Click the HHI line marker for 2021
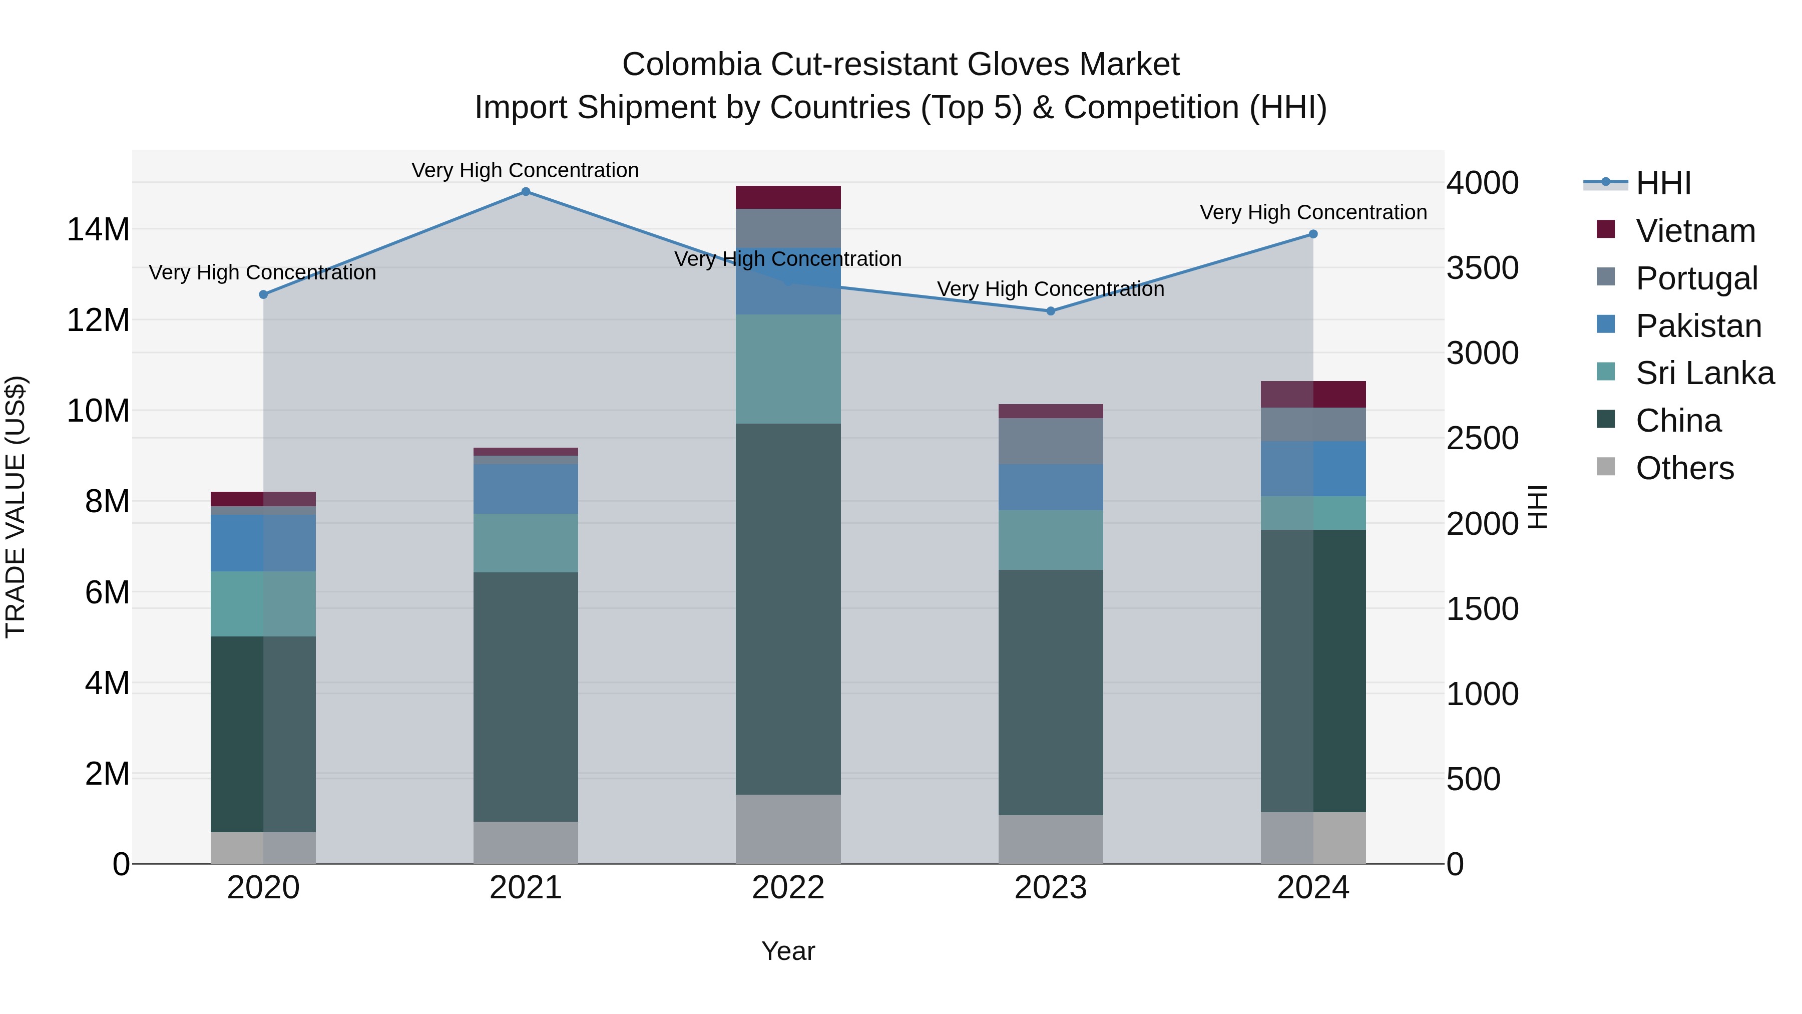click(x=526, y=192)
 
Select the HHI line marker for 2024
click(x=1313, y=234)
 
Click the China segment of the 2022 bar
click(x=788, y=609)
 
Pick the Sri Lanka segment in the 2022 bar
click(x=788, y=369)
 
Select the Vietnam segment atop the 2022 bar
click(x=788, y=197)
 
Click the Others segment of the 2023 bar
click(x=1051, y=839)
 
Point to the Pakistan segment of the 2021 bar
click(x=526, y=488)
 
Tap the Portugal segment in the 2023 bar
click(x=1051, y=441)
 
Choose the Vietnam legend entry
click(x=1695, y=231)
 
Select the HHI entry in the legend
click(x=1663, y=183)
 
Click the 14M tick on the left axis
click(x=98, y=229)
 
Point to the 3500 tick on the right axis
click(x=1482, y=268)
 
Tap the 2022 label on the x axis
click(x=788, y=888)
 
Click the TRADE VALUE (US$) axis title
click(x=16, y=507)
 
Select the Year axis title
click(x=788, y=951)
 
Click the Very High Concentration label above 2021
click(x=526, y=170)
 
